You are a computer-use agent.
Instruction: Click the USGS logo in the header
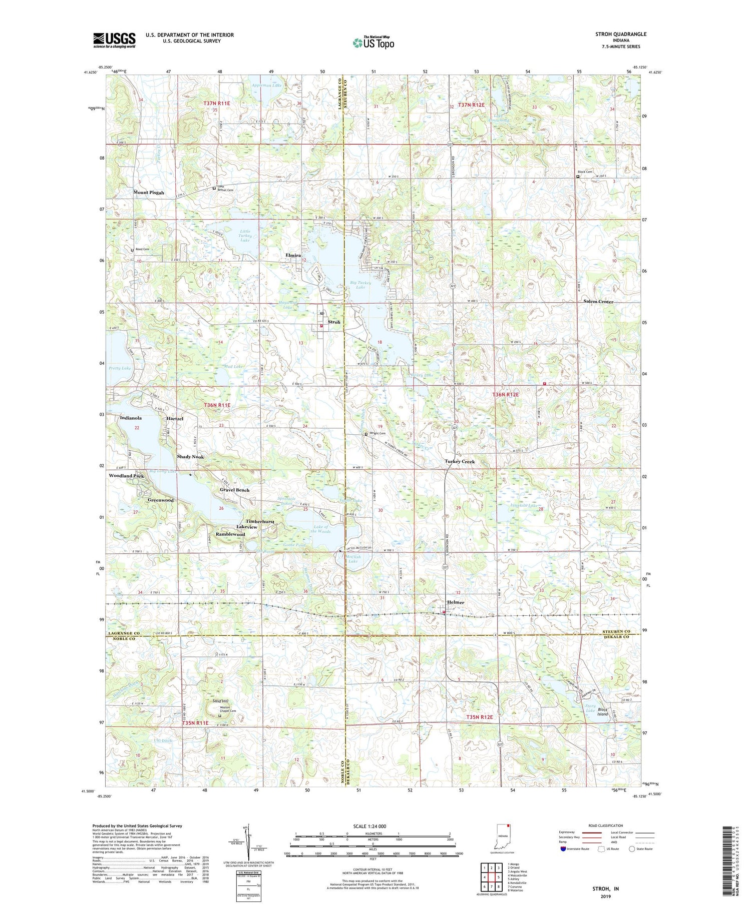coord(114,40)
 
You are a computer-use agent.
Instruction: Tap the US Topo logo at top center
coord(373,43)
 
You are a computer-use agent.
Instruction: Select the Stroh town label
coord(334,322)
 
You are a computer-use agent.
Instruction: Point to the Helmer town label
coord(456,602)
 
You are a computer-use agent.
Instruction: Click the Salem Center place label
coord(598,302)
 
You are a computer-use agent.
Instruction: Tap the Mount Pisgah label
coord(149,193)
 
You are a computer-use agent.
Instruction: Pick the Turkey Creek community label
coord(460,461)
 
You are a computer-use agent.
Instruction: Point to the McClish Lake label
coord(353,559)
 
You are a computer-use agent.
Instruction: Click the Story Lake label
coord(590,708)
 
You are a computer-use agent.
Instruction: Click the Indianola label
coord(131,418)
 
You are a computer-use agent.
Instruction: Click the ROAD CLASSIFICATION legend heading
coord(600,825)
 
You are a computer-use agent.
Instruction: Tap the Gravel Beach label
coord(234,490)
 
